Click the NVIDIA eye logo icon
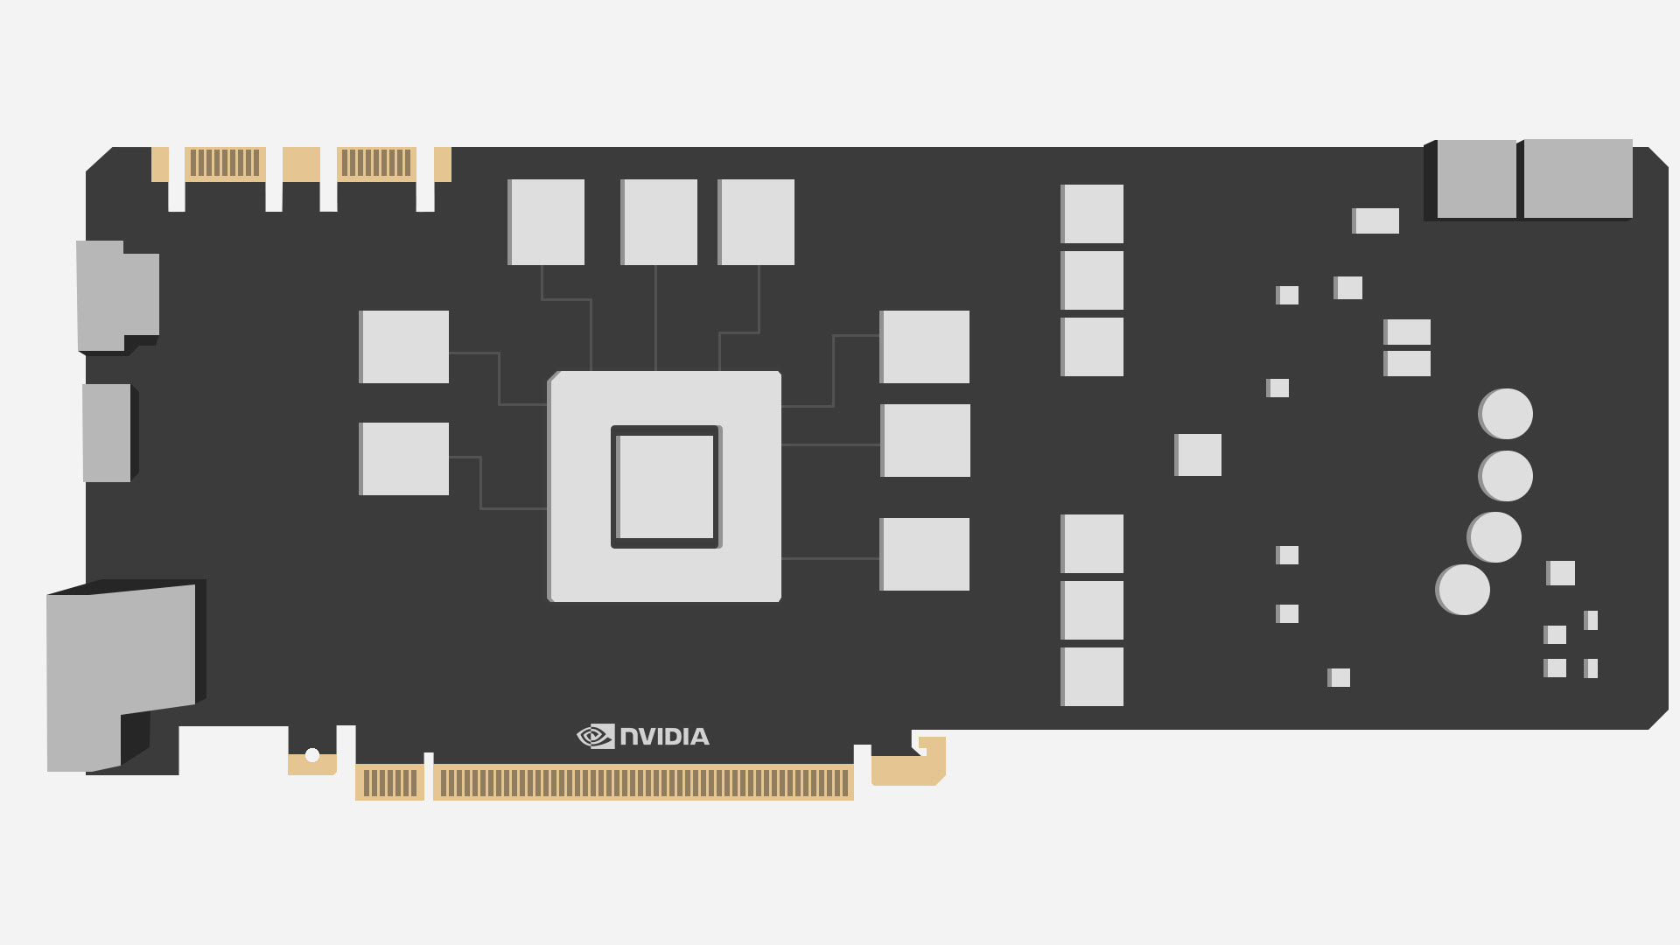(x=596, y=736)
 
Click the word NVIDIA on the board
(x=665, y=737)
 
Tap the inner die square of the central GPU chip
(x=666, y=486)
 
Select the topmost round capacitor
(x=1506, y=414)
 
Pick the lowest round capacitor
(x=1463, y=590)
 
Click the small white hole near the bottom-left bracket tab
(x=312, y=755)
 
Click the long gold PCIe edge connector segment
(x=643, y=782)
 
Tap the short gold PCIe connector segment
(x=389, y=782)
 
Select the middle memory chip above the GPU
(x=660, y=222)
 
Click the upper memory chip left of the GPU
(x=404, y=346)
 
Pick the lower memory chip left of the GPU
(x=404, y=458)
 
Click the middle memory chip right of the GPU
(x=926, y=440)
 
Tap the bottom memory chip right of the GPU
(x=925, y=554)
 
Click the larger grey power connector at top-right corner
(x=1578, y=178)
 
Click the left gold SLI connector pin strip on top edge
(x=225, y=163)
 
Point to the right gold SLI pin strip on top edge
(x=376, y=163)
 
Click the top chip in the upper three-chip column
(x=1093, y=213)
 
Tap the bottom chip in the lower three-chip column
(x=1093, y=676)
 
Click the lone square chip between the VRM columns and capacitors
(x=1198, y=455)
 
